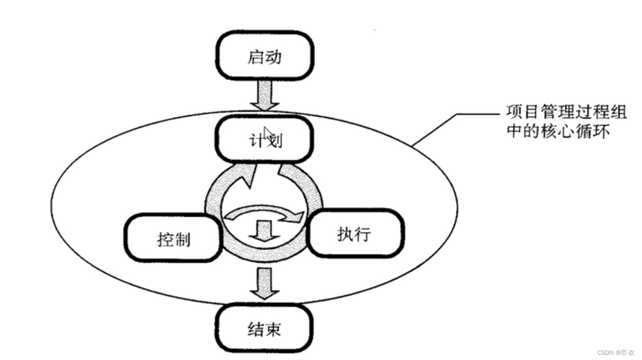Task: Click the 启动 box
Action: coord(264,56)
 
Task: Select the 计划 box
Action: coord(264,139)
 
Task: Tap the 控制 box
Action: coord(174,238)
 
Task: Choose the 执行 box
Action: coord(355,234)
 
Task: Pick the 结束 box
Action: coord(264,329)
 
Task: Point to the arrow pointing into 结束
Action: coord(264,283)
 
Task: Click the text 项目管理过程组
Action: coord(566,113)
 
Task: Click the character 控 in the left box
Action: coord(164,239)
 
